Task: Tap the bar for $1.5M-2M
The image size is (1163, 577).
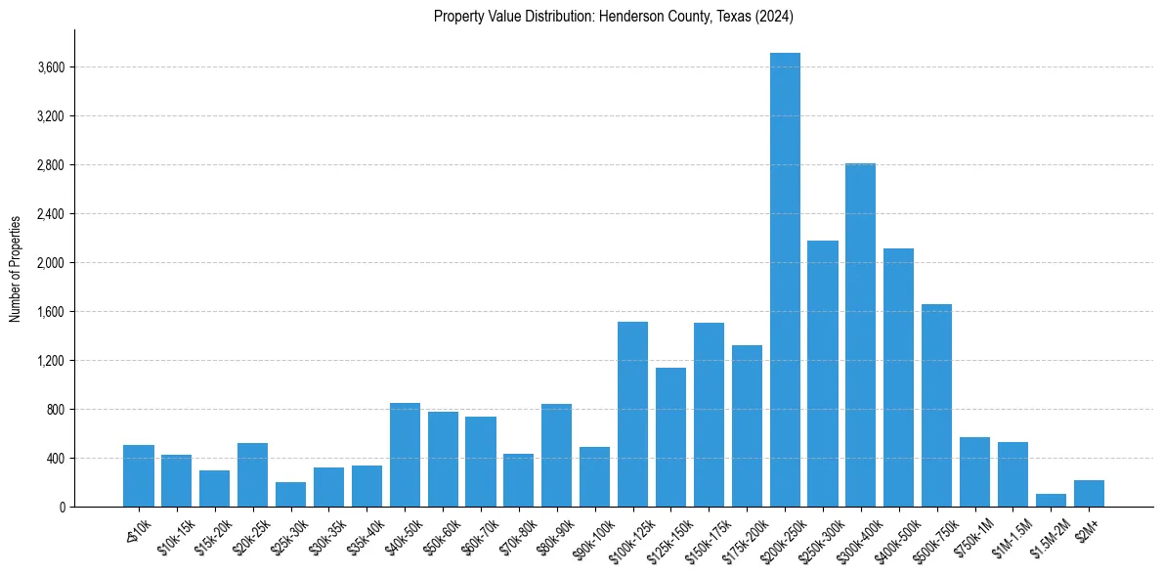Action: coord(1051,501)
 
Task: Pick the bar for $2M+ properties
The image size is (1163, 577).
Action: coord(1089,494)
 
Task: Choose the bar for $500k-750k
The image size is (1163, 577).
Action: coord(936,405)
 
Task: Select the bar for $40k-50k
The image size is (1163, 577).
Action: coord(405,455)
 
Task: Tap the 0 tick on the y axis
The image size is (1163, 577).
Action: coord(62,508)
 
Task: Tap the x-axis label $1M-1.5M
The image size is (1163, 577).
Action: coord(1007,537)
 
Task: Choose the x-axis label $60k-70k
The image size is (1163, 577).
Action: coord(480,537)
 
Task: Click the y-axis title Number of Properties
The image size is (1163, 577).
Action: coord(15,268)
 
